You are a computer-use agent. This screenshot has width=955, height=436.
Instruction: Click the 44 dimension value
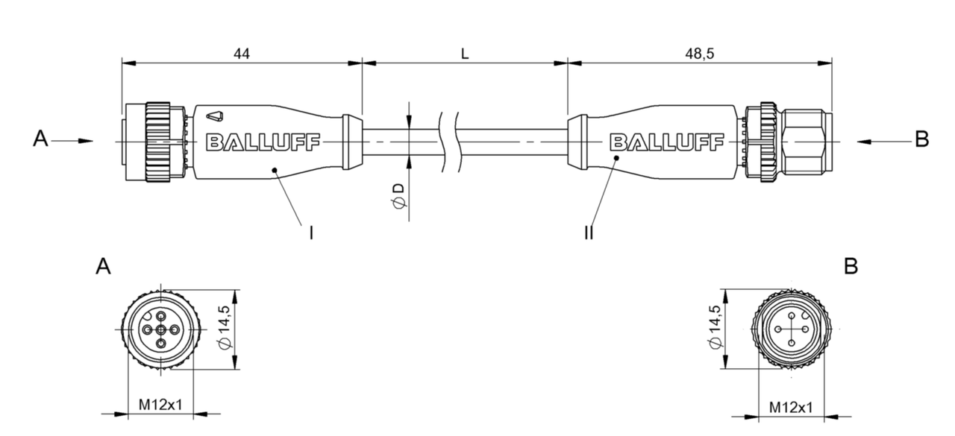coord(241,54)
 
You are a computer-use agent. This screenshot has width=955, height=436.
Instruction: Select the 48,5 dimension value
coord(698,54)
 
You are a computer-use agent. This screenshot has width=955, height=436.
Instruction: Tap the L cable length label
coord(464,54)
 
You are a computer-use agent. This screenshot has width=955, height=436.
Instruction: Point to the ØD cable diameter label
coord(400,196)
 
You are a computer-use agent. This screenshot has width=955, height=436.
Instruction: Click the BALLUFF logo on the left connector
coord(263,142)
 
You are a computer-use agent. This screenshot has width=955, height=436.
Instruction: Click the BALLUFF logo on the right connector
coord(667,142)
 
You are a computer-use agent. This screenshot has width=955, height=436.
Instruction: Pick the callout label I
coord(310,233)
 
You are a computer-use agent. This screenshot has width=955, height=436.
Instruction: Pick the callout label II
coord(589,233)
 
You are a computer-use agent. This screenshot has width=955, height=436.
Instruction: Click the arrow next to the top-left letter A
coord(75,140)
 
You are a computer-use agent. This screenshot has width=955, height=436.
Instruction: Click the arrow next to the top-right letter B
coord(877,140)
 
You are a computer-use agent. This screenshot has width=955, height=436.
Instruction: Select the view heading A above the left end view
coord(103,267)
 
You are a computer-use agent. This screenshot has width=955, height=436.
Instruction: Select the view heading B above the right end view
coord(850,267)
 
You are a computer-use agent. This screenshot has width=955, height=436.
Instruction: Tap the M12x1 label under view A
coord(160,405)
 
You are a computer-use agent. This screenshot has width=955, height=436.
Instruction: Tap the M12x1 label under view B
coord(791,407)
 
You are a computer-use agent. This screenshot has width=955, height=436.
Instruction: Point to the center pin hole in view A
coord(161,329)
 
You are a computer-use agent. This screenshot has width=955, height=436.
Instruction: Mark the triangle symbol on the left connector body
coord(215,116)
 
